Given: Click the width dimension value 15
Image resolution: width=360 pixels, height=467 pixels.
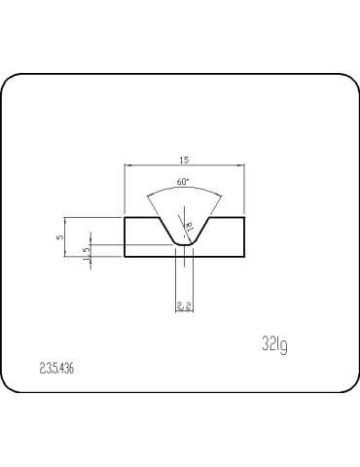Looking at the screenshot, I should pos(183,161).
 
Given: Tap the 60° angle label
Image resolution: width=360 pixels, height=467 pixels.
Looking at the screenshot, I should pos(183,183).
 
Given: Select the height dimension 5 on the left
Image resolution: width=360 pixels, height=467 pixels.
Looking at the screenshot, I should pos(59,236).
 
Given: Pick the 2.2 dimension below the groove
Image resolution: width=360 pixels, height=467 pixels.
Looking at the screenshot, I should pos(183,305).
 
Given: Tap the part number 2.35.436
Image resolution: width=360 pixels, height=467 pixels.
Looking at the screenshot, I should pos(60,370).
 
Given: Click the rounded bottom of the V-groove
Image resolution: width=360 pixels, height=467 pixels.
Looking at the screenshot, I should pos(183,244).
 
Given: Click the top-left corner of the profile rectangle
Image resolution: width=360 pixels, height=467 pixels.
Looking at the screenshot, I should pos(126,217).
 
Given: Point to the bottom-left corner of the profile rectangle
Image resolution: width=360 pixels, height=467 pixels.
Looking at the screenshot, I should pos(126,257).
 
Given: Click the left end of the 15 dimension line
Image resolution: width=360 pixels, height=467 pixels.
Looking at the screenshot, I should pos(126,167).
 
